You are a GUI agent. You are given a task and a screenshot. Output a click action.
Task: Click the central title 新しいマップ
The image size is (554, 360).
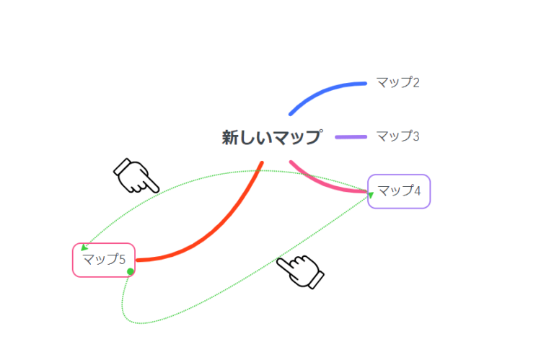(x=272, y=137)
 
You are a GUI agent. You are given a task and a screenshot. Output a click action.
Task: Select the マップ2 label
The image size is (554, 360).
(x=398, y=82)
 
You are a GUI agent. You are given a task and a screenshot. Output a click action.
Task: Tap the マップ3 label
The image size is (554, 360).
(x=398, y=136)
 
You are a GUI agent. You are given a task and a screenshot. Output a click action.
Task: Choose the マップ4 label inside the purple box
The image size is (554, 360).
(x=399, y=190)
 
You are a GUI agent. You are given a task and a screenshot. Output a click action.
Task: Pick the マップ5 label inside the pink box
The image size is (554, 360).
(x=104, y=259)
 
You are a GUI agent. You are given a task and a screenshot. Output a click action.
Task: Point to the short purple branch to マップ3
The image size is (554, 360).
(x=351, y=137)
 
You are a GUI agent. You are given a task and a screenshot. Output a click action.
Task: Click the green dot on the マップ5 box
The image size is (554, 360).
(x=131, y=271)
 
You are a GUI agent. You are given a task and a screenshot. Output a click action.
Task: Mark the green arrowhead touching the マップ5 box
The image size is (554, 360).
(x=84, y=247)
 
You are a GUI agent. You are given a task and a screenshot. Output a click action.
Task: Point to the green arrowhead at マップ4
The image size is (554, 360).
(x=371, y=195)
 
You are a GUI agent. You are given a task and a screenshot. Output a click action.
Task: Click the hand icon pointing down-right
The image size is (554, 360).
(x=136, y=176)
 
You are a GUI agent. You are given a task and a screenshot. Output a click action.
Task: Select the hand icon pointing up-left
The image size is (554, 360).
(x=300, y=271)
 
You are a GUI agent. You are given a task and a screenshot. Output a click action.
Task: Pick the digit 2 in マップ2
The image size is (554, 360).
(x=415, y=83)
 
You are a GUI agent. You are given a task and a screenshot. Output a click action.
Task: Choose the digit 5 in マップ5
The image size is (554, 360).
(x=122, y=260)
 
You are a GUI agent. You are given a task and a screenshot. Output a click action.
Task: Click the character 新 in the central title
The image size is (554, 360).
(x=229, y=137)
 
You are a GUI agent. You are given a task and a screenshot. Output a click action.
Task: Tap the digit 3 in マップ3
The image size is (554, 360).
(x=415, y=136)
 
